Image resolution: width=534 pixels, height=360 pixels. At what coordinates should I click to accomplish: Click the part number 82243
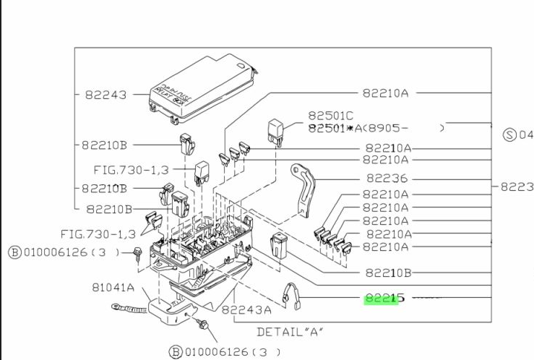pos(105,95)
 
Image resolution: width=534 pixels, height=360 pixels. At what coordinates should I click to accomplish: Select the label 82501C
pos(330,116)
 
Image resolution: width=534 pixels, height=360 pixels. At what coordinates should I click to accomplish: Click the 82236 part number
pos(387,179)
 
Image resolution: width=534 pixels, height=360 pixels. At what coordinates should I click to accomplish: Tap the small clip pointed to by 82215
pos(290,295)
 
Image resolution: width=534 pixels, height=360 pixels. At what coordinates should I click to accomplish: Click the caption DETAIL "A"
pos(290,332)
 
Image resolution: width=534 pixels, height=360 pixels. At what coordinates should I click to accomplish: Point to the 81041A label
pos(114,287)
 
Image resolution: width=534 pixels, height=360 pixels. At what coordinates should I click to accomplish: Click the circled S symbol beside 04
pos(509,135)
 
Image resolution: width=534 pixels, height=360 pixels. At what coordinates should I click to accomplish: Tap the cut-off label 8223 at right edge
pos(516,187)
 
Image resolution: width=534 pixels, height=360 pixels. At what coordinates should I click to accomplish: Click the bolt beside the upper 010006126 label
pos(137,252)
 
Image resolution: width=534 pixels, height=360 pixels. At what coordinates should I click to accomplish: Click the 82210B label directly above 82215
pos(388,273)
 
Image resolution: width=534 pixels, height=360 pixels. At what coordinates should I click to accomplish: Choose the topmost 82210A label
pos(385,93)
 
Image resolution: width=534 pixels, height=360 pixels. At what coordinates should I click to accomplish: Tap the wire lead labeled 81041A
pos(129,309)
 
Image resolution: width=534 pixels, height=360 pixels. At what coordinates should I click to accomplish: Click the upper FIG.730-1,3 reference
pos(132,169)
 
